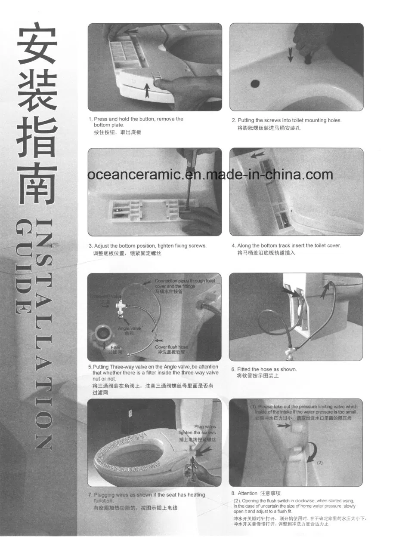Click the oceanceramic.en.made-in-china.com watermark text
click(x=210, y=175)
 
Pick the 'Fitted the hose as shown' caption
click(x=267, y=369)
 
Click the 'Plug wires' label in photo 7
click(x=205, y=427)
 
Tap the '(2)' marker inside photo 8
click(x=320, y=463)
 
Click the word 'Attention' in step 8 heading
click(x=247, y=493)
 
